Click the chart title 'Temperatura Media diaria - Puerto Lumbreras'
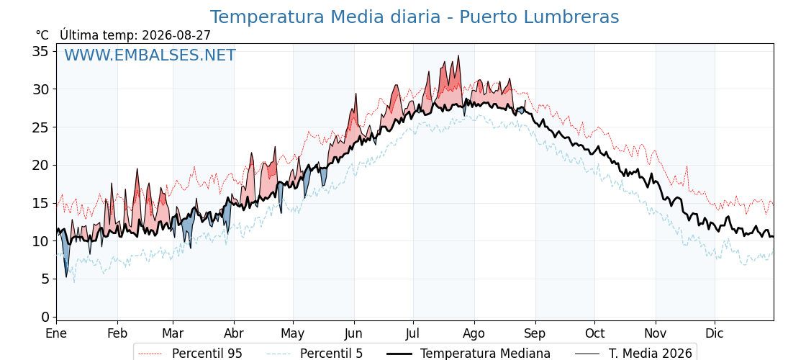click(415, 17)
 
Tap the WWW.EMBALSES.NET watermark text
click(150, 55)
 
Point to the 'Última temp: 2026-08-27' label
click(135, 35)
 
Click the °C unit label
click(42, 35)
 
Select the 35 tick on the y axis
click(41, 51)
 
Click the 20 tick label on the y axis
click(41, 165)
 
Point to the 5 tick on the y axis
click(45, 279)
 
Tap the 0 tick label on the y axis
click(45, 317)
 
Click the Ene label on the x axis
click(56, 333)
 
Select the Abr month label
click(234, 333)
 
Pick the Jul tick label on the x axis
click(413, 333)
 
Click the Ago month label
click(474, 334)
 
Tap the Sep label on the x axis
click(535, 334)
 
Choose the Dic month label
click(715, 333)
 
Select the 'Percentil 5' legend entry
click(315, 354)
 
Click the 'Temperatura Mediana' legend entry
click(468, 354)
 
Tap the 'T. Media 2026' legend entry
click(634, 354)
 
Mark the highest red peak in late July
click(458, 55)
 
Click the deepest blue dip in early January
click(65, 276)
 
